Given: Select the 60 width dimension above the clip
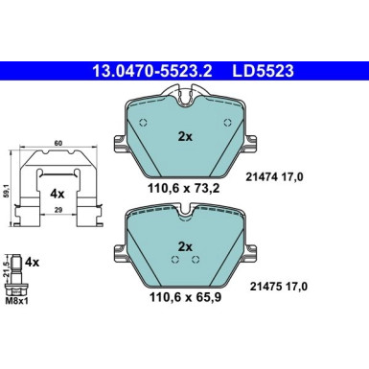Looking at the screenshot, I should coord(58,142).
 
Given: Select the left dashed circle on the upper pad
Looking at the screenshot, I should coord(143,123).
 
